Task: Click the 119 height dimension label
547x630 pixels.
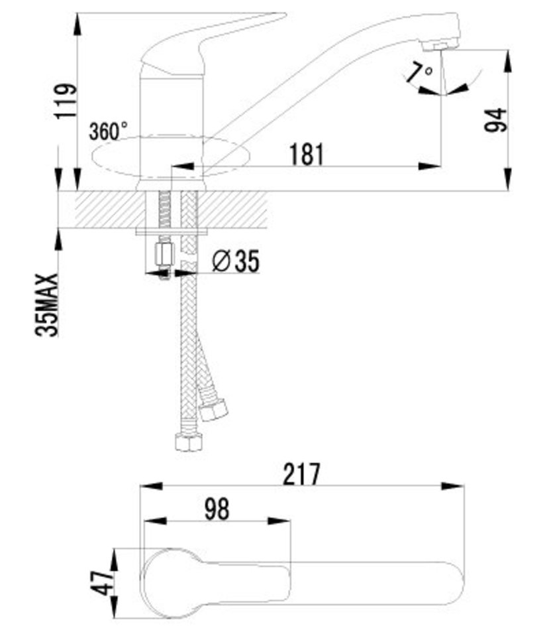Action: (66, 101)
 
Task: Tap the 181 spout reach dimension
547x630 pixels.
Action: (306, 155)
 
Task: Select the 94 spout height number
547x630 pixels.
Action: (495, 119)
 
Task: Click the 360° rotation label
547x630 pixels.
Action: (109, 131)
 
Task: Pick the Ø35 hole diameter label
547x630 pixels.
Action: (236, 261)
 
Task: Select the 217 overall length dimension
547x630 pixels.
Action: (302, 475)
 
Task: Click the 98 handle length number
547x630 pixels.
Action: (217, 509)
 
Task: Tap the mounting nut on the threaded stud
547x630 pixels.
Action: (164, 254)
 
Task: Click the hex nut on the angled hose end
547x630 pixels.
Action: (213, 410)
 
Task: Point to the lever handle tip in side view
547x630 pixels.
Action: (283, 15)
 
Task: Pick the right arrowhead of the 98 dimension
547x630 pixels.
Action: (279, 521)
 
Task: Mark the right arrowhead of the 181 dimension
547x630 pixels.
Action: (430, 166)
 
